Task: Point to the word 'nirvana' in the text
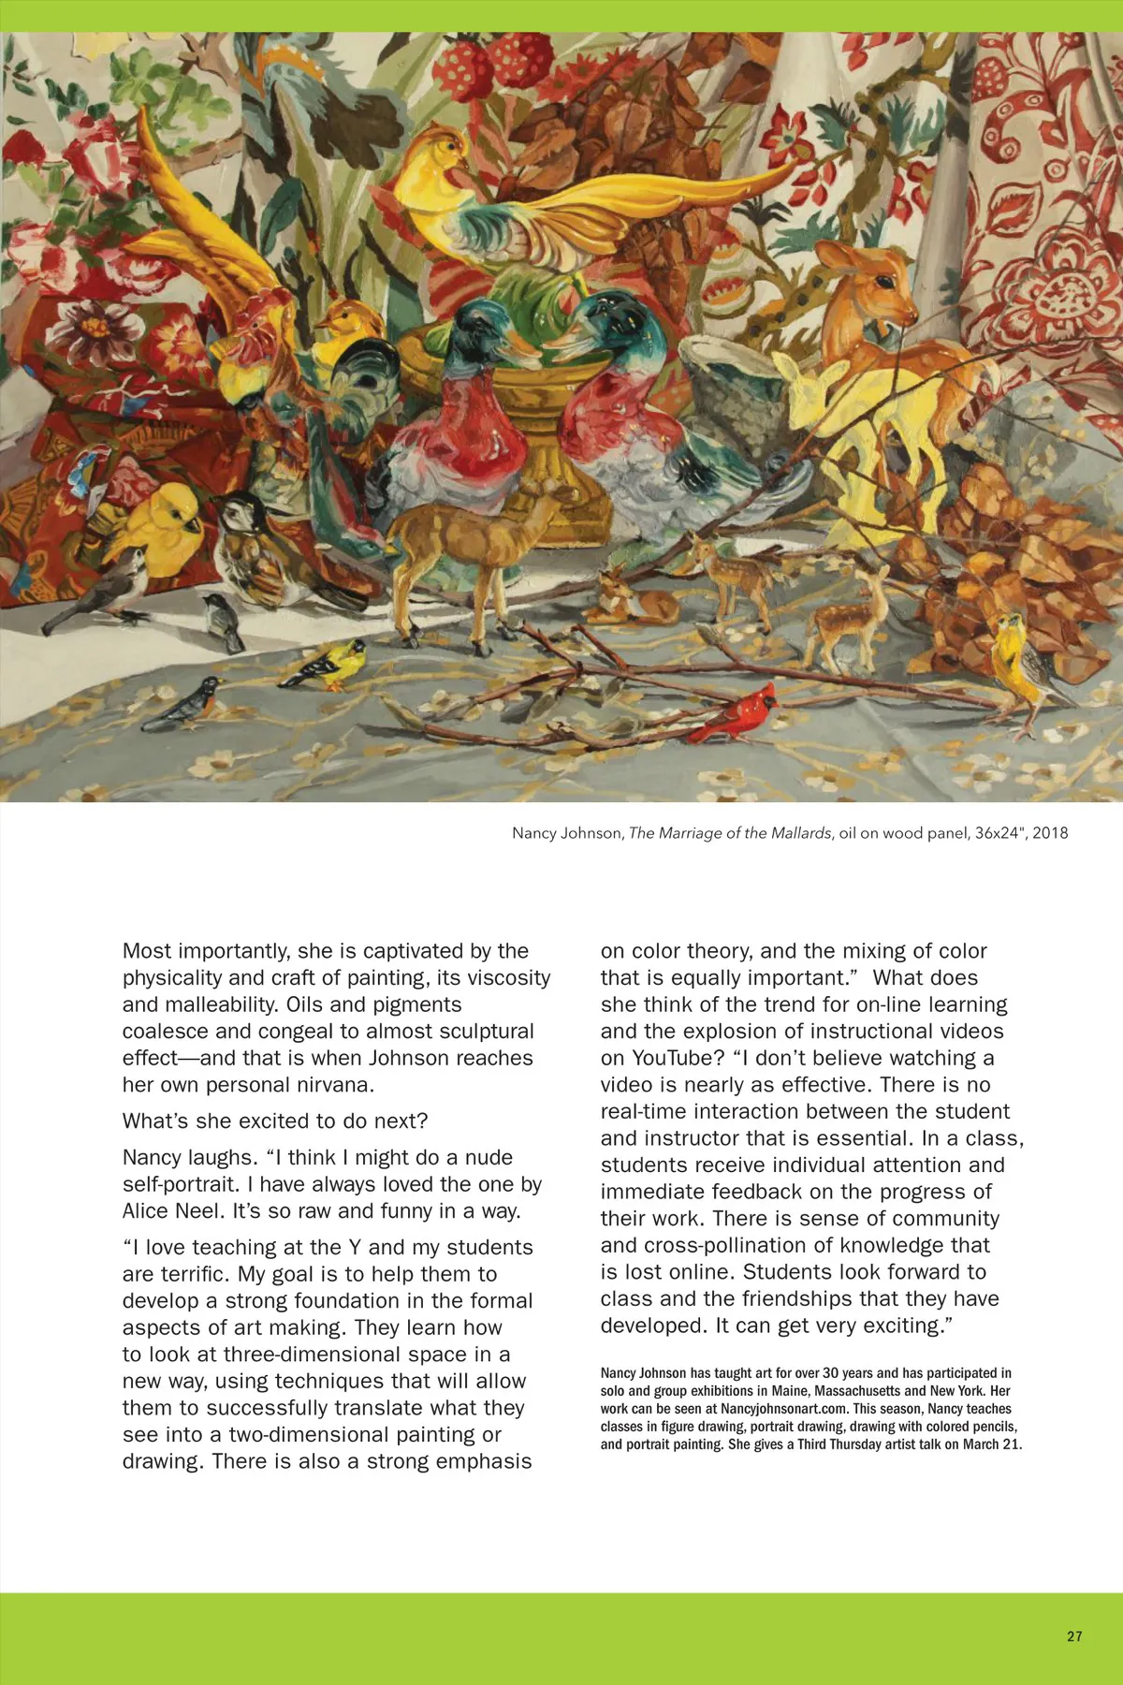click(x=336, y=1085)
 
